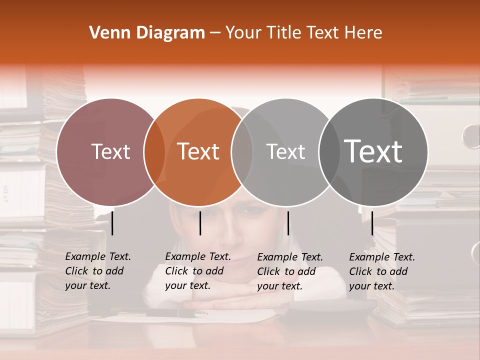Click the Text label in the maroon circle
click(110, 151)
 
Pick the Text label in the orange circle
click(198, 151)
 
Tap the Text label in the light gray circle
click(285, 151)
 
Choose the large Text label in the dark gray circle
click(373, 151)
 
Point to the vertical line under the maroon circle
click(112, 223)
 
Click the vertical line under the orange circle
click(200, 223)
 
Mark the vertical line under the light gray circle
click(288, 223)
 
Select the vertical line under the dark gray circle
click(372, 223)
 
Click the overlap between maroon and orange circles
click(154, 152)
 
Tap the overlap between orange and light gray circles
click(242, 152)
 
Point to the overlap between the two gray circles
click(329, 152)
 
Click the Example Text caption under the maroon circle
click(98, 271)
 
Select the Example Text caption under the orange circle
click(198, 271)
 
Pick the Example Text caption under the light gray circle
click(290, 271)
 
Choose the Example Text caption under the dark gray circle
click(382, 271)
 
